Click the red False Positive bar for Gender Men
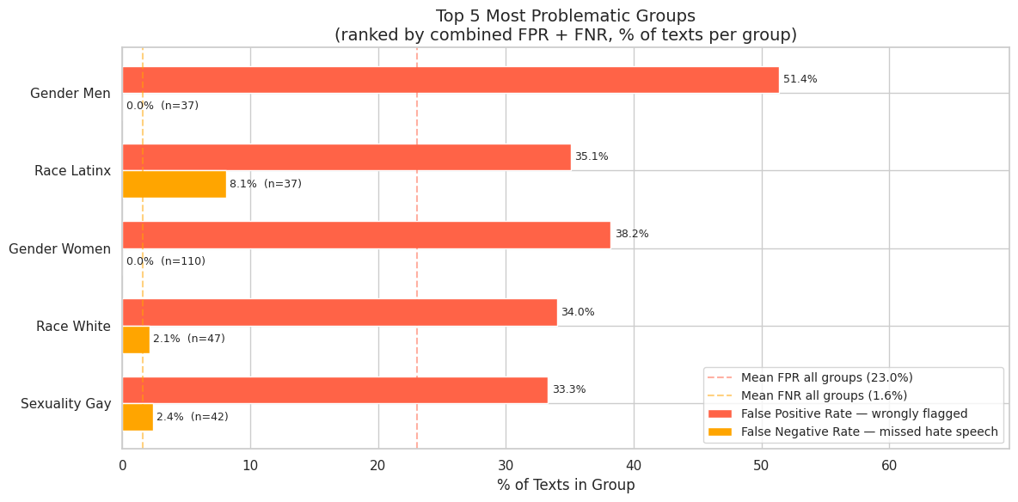point(451,80)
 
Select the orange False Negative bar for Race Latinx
point(174,184)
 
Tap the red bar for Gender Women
point(366,235)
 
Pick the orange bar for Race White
point(136,340)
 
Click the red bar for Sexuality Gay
point(334,390)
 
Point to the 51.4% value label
point(800,80)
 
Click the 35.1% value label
point(592,157)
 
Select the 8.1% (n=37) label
point(266,184)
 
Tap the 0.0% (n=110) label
point(166,261)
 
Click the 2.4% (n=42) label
point(193,417)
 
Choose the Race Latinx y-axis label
point(72,171)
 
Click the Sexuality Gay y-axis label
point(65,404)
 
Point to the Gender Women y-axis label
point(59,249)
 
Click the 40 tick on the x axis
point(634,466)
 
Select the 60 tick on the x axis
point(889,466)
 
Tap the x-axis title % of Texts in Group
point(566,486)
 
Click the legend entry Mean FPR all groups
point(826,378)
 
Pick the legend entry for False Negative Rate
point(868,432)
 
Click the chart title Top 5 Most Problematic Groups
point(566,16)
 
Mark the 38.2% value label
point(631,235)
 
